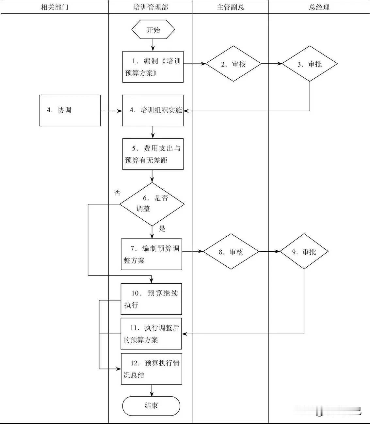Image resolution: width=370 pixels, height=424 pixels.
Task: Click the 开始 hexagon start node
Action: [153, 30]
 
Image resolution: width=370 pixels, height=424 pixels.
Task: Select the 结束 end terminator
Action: [151, 406]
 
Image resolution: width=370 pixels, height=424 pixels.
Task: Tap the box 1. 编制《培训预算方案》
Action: [153, 67]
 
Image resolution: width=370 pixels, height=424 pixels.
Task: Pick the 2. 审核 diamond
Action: [233, 64]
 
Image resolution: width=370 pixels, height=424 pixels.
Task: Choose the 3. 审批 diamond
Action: [310, 64]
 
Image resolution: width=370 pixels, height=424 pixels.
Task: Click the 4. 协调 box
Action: [70, 110]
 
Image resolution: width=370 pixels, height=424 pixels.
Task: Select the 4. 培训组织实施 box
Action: [153, 110]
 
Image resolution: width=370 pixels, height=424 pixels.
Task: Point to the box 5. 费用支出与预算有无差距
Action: [153, 154]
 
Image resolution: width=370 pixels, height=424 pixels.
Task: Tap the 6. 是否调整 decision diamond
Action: [152, 204]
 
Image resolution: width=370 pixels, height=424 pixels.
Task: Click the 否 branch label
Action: [117, 193]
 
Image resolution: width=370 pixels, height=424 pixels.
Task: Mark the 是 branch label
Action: [162, 229]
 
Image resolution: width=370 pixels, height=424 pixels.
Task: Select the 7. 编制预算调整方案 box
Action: [152, 254]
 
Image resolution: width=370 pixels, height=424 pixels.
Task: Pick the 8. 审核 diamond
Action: [231, 252]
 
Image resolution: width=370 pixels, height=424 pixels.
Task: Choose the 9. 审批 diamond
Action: [304, 252]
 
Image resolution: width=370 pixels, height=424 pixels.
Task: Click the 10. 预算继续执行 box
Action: [151, 299]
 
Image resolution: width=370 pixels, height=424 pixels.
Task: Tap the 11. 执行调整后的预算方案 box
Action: [151, 334]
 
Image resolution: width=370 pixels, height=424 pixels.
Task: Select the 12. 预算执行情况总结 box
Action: [152, 369]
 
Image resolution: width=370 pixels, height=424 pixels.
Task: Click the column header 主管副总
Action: [231, 7]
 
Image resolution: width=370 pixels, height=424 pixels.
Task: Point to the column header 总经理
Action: [319, 7]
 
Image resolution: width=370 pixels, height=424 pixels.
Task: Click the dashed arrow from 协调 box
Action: [111, 111]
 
